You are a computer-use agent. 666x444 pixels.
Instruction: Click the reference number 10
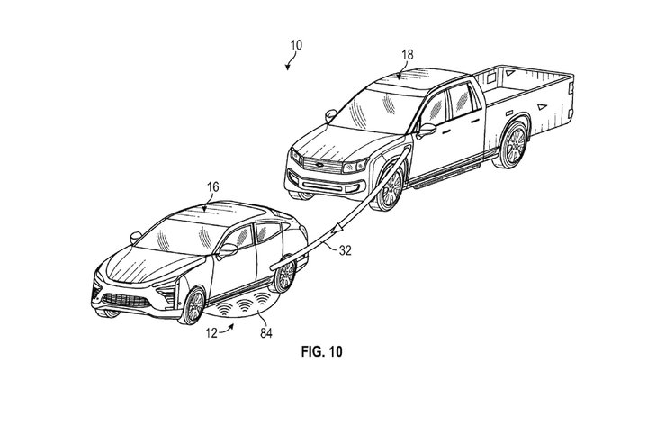296,45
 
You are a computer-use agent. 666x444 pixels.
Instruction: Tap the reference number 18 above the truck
408,54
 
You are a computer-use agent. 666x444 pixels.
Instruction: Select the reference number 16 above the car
213,186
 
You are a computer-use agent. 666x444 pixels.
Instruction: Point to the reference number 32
346,250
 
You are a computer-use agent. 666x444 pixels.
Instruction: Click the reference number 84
266,333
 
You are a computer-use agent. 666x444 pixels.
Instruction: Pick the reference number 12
211,333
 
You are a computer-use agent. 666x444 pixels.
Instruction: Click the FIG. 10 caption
321,352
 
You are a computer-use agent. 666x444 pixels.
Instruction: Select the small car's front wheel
193,305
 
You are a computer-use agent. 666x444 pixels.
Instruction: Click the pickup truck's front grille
323,166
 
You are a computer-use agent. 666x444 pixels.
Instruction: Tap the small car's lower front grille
126,301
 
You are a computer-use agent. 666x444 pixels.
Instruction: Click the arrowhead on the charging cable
339,228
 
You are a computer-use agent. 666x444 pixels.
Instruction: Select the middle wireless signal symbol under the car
245,305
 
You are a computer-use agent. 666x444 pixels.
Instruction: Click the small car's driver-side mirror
228,250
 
